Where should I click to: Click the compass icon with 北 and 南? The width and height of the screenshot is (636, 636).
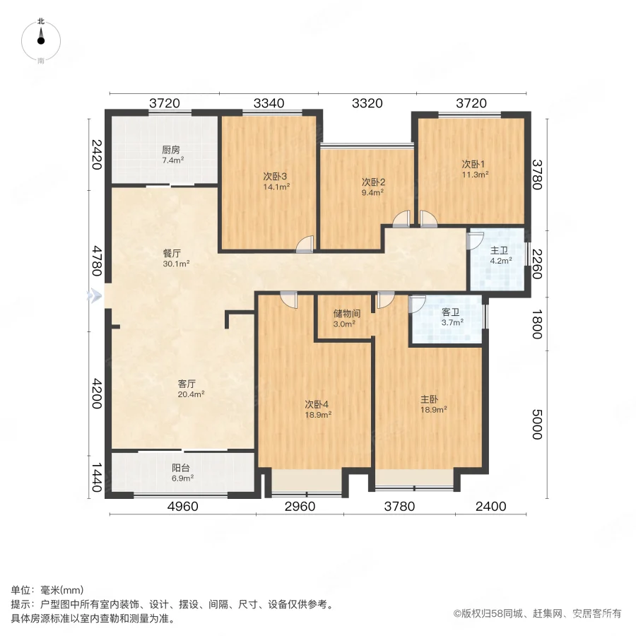(41, 41)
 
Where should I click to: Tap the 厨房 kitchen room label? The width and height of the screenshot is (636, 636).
(171, 150)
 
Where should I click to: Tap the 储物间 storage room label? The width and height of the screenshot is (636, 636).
(347, 313)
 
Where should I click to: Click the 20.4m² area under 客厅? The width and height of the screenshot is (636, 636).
(191, 394)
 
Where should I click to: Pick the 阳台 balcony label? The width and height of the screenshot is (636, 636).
(182, 468)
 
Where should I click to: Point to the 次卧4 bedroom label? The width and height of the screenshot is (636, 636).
(317, 404)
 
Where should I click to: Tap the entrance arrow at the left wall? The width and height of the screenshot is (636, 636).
(93, 297)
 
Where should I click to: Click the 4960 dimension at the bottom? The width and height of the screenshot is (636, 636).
(182, 506)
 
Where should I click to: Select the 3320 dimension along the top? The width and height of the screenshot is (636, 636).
(367, 103)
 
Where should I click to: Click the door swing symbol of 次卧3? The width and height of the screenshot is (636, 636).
(305, 244)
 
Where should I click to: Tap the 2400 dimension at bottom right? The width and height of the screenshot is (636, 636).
(491, 506)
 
